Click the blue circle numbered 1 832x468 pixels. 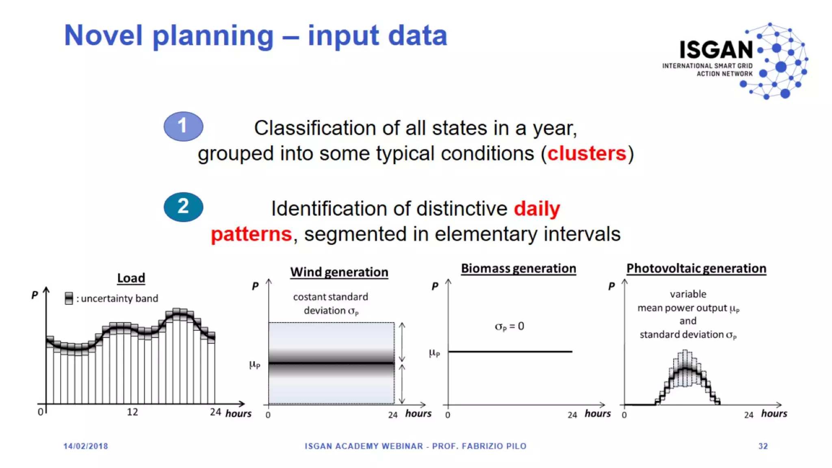183,126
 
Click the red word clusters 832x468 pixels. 587,154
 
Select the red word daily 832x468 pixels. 537,209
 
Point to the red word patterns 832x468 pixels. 251,234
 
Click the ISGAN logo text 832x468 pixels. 716,50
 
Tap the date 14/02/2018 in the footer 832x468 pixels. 86,446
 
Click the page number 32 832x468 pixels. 763,446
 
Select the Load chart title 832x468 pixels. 131,278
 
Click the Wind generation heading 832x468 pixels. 339,272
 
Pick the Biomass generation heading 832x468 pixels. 518,268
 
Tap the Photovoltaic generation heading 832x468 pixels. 696,268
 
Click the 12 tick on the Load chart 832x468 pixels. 132,412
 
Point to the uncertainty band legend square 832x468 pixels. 69,298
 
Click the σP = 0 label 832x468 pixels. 509,326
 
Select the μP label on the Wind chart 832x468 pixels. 255,364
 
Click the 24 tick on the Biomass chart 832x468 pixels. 572,415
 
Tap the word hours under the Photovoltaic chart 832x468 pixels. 774,414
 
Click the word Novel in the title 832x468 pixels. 104,35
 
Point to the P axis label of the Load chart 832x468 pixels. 35,295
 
